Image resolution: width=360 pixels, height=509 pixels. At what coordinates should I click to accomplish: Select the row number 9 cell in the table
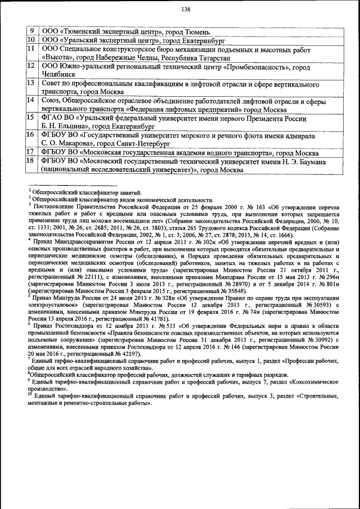[x=31, y=31]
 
